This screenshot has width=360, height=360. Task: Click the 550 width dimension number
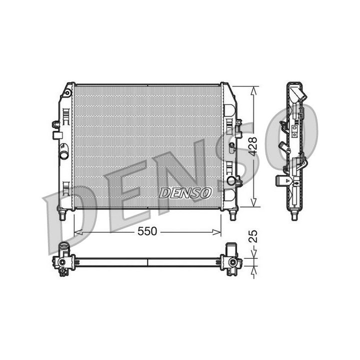pyautogui.click(x=148, y=231)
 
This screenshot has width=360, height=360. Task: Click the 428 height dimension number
pyautogui.click(x=253, y=146)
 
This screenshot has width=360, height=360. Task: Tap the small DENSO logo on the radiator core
pyautogui.click(x=185, y=192)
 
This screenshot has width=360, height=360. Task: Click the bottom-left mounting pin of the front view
pyautogui.click(x=62, y=214)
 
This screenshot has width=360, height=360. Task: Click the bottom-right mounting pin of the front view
pyautogui.click(x=233, y=214)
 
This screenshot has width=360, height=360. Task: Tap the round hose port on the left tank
pyautogui.click(x=64, y=154)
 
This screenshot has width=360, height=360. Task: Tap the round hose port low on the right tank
pyautogui.click(x=230, y=180)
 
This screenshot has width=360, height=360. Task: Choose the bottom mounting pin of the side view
pyautogui.click(x=295, y=215)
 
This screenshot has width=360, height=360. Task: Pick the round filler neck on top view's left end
pyautogui.click(x=63, y=246)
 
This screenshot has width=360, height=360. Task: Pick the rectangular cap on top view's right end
pyautogui.click(x=231, y=248)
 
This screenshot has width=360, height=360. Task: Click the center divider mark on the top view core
pyautogui.click(x=148, y=262)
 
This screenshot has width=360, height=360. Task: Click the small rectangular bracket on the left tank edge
pyautogui.click(x=58, y=135)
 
